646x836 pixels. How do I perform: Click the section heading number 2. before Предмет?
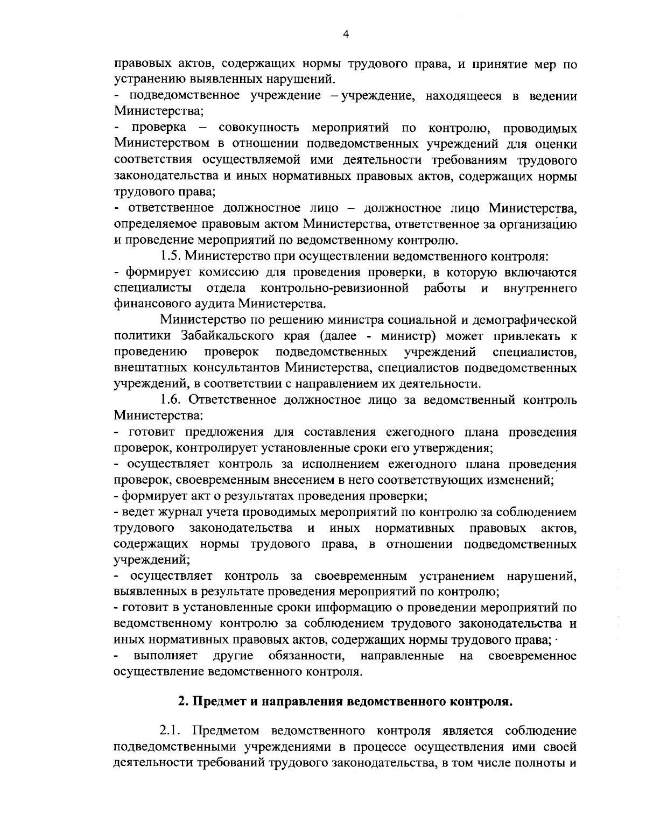[x=182, y=702]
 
